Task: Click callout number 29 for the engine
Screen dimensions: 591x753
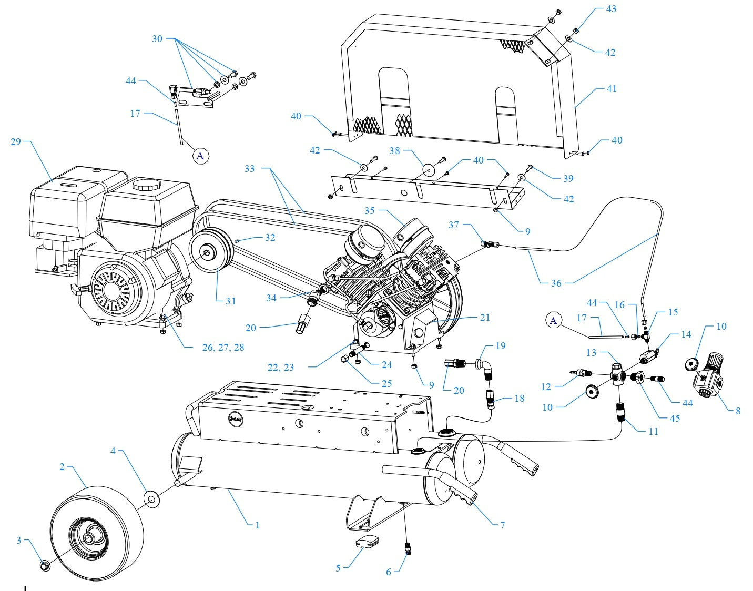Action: coord(15,142)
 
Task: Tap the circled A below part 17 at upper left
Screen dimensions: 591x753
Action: coord(200,156)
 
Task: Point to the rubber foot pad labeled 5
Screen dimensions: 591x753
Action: coord(367,542)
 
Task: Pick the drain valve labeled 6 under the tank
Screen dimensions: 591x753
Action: coord(407,548)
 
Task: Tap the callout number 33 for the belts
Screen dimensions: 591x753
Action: coord(249,168)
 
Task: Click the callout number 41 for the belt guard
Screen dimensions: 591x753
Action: coord(612,89)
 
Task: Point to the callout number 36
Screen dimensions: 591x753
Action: coord(556,283)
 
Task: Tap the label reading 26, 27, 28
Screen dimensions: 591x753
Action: coord(223,348)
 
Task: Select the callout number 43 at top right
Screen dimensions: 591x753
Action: coord(611,9)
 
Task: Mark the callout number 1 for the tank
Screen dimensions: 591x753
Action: coord(257,525)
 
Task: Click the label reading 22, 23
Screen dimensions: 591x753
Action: coord(280,367)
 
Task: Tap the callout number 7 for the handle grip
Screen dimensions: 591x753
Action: coord(502,525)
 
